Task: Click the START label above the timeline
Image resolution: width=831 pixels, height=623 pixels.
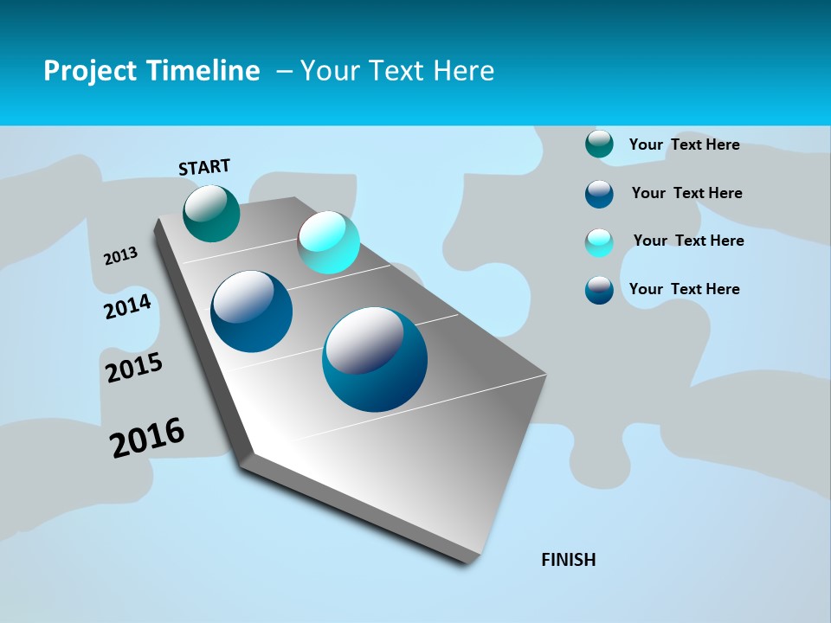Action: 204,167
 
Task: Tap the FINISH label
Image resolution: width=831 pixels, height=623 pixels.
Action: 569,560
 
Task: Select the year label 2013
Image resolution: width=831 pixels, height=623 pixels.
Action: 121,255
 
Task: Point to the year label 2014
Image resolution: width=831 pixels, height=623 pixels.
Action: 128,307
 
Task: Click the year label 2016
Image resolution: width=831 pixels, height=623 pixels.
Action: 147,437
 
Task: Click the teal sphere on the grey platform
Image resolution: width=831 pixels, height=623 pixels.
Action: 211,213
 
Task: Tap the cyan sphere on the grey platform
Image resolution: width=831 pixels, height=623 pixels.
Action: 328,242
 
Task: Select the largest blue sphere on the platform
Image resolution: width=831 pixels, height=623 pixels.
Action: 375,359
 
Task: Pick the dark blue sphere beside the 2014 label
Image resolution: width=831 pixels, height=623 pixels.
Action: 252,311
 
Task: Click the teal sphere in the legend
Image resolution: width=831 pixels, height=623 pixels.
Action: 599,145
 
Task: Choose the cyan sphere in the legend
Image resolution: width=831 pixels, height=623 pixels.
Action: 599,242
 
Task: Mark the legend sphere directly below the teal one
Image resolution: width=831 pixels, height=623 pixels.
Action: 599,194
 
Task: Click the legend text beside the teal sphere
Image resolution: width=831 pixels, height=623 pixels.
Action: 684,145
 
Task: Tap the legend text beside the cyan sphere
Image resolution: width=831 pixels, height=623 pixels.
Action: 688,241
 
